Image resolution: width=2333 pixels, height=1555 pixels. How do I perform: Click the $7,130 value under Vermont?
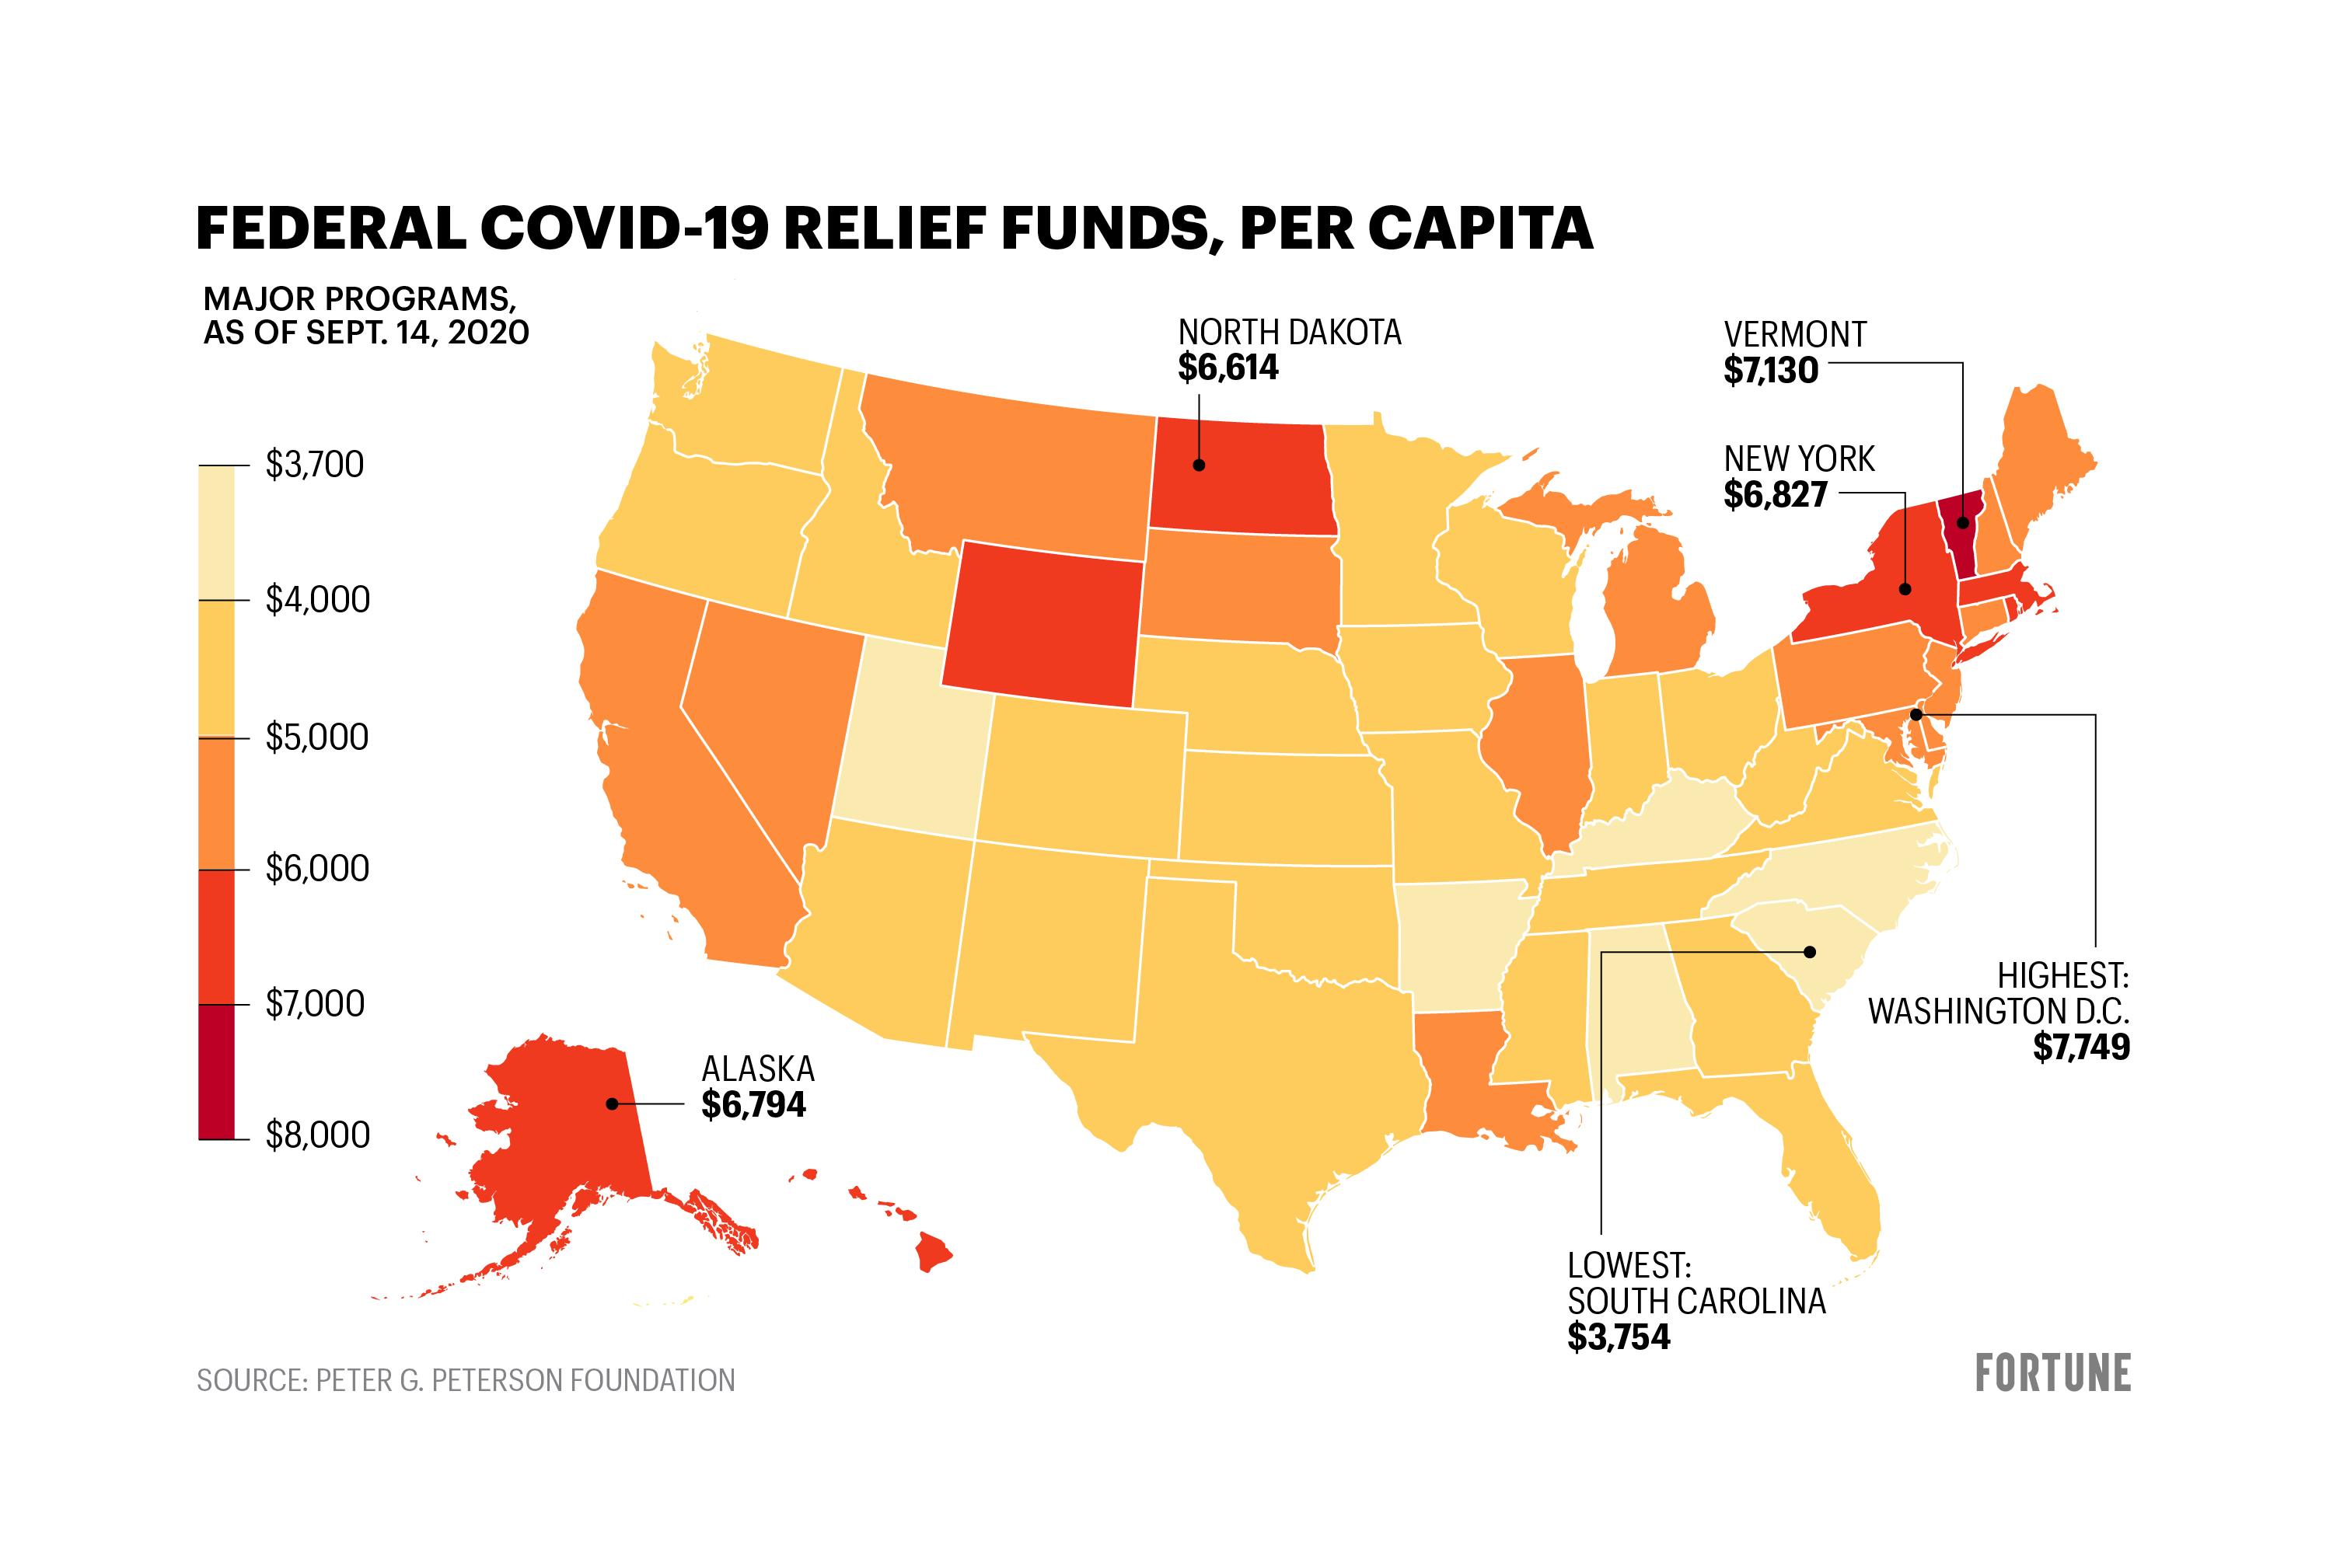click(x=1771, y=371)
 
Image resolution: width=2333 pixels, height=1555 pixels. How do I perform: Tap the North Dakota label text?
click(x=1290, y=333)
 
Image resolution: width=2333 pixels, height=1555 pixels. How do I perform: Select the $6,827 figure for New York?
click(x=1776, y=495)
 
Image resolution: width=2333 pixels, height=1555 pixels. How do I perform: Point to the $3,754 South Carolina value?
click(x=1619, y=1337)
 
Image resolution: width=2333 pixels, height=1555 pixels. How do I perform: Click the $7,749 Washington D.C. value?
click(x=2081, y=1048)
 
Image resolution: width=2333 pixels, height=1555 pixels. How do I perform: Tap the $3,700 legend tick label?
click(x=314, y=464)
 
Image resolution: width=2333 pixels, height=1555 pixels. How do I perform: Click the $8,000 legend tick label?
click(x=317, y=1135)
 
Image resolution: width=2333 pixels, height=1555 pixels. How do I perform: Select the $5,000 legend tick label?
click(x=316, y=737)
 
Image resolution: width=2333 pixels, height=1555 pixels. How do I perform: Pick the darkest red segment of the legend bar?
click(x=216, y=1071)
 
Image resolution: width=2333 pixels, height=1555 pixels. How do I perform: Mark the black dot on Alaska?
click(x=612, y=1103)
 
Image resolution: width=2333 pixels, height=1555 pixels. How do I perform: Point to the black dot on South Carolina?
click(x=1809, y=952)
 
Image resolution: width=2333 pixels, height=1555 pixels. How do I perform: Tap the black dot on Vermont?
click(x=1962, y=523)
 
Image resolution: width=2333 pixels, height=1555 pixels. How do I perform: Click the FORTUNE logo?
click(x=2052, y=1373)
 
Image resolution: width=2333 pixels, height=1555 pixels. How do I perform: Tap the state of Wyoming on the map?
click(x=1042, y=625)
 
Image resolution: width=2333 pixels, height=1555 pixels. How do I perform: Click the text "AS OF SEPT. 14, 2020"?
click(x=366, y=333)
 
